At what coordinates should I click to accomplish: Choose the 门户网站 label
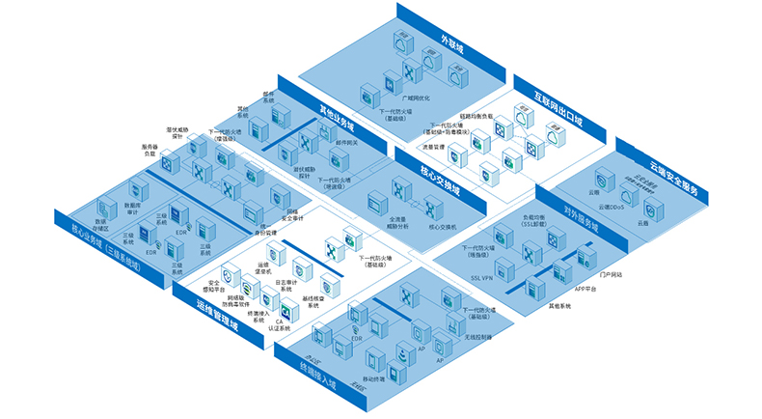(611, 275)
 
